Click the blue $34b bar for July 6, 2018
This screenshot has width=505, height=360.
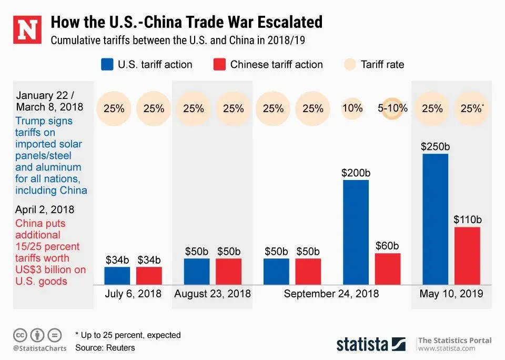click(x=117, y=275)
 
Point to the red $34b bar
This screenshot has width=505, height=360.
click(x=149, y=275)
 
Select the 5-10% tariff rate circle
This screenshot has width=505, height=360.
click(x=392, y=108)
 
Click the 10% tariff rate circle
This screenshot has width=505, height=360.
click(x=352, y=108)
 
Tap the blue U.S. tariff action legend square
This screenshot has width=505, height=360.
click(x=107, y=65)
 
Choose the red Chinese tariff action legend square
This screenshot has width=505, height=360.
click(x=220, y=65)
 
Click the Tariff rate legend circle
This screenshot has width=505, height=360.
click(x=349, y=65)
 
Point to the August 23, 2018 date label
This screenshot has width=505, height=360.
click(x=213, y=294)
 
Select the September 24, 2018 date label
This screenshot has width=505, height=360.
click(x=331, y=294)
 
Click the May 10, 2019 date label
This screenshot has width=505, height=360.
click(x=451, y=294)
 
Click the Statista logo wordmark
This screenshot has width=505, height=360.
click(x=362, y=344)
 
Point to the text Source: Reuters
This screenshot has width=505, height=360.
click(x=105, y=347)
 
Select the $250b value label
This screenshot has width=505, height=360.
click(x=435, y=146)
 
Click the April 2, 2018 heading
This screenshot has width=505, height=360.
click(x=45, y=209)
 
